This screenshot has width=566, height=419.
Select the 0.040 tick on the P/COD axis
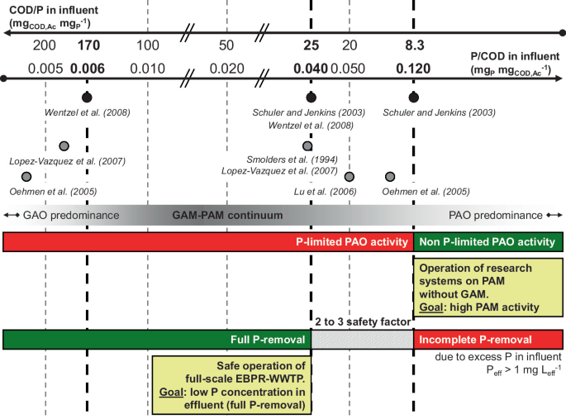coord(310,68)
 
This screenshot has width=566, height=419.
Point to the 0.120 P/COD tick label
coord(414,68)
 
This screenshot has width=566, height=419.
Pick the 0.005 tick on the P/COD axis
coord(45,68)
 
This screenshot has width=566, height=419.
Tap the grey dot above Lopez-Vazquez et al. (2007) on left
coord(64,145)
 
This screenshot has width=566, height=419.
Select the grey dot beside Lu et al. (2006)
coord(349,177)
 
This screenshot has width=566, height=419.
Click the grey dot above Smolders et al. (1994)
coord(310,145)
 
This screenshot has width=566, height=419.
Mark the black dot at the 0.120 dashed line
coord(414,98)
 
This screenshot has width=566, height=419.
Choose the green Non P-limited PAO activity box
coord(488,242)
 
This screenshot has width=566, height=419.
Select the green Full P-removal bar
coord(156,339)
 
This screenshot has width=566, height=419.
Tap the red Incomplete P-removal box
coord(488,339)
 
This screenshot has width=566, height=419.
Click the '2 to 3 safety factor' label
coord(362,320)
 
